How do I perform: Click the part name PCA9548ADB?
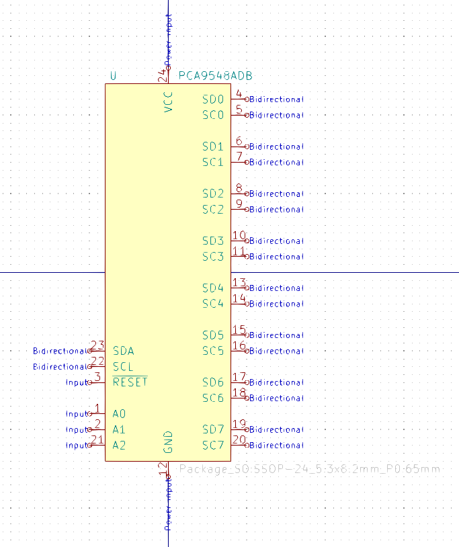(x=216, y=76)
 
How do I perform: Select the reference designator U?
(x=113, y=76)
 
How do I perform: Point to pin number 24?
(x=163, y=76)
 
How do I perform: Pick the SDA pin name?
(x=124, y=351)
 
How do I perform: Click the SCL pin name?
(x=124, y=367)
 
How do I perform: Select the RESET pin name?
(x=130, y=382)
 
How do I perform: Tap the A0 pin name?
(x=120, y=414)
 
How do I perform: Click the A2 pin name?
(x=120, y=445)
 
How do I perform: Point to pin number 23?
(x=97, y=345)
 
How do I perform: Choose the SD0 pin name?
(x=213, y=99)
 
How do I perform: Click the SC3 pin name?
(x=213, y=257)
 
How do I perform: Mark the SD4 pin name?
(x=213, y=288)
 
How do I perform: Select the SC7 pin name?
(x=213, y=446)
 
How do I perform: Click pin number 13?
(x=239, y=283)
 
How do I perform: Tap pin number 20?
(x=239, y=440)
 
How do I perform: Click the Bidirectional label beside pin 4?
(x=276, y=99)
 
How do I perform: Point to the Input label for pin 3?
(x=77, y=382)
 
